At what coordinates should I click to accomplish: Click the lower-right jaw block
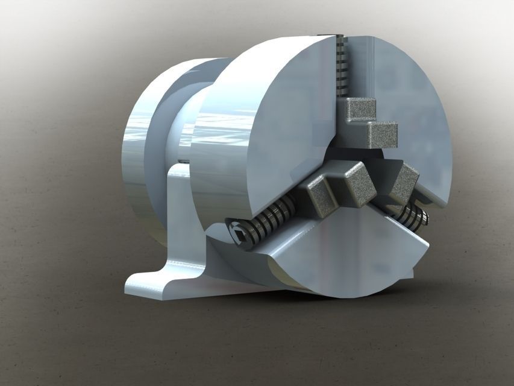coord(404,182)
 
